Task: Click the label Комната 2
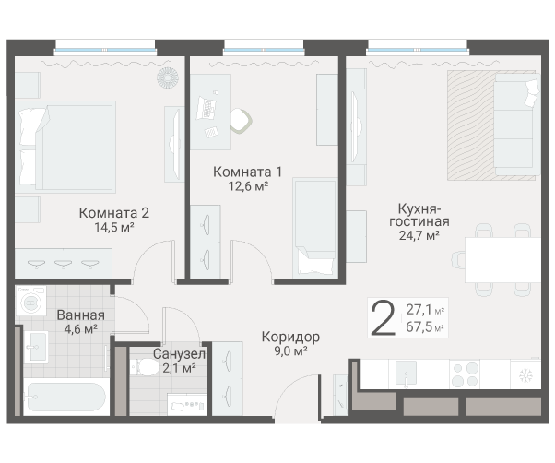[x=113, y=211]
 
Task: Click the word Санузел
[x=180, y=354]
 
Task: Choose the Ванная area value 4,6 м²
[x=79, y=329]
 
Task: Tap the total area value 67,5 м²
[x=425, y=326]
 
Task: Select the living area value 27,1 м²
[x=425, y=310]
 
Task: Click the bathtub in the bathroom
[x=65, y=398]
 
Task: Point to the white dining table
[x=502, y=259]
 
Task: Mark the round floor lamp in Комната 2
[x=168, y=77]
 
